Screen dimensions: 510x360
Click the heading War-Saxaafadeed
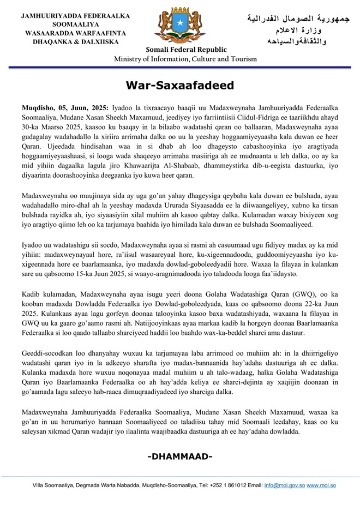[179, 85]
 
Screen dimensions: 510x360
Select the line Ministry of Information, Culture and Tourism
[179, 59]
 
